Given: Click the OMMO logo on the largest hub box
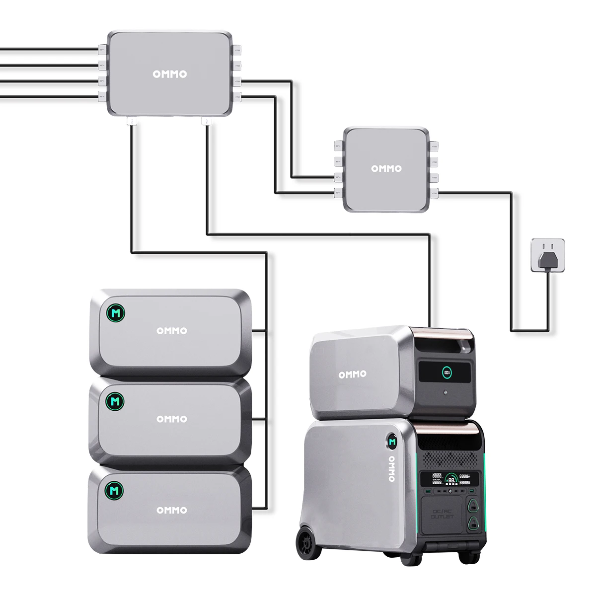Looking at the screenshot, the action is click(169, 74).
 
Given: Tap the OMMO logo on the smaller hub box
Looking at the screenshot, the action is click(386, 169).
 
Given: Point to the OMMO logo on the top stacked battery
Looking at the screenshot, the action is click(172, 331).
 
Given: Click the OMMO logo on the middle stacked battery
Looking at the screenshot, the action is click(172, 419).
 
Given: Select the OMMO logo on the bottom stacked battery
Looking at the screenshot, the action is click(172, 510).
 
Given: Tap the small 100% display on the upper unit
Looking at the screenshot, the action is click(447, 371).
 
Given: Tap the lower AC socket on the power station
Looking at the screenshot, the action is click(472, 524).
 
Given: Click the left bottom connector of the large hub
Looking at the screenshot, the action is click(132, 121).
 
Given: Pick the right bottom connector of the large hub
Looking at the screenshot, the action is click(207, 121).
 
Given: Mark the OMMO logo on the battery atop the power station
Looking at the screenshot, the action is click(353, 374).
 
